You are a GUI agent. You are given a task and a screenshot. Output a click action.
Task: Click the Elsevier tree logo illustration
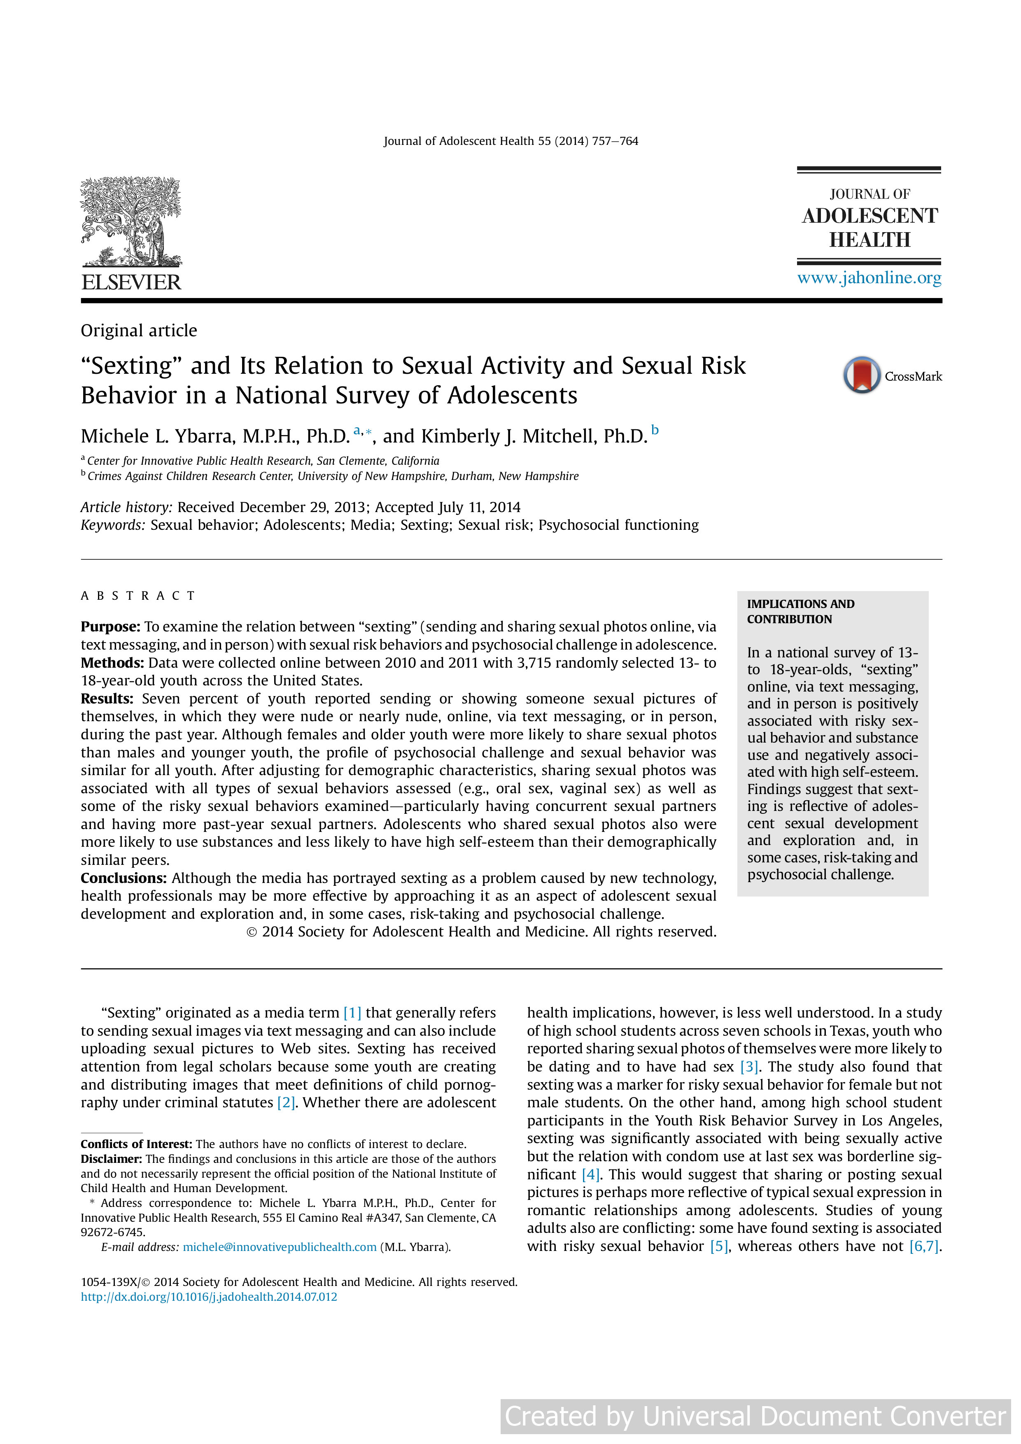[x=131, y=221]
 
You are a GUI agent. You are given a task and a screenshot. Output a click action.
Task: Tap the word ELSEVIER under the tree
[x=131, y=282]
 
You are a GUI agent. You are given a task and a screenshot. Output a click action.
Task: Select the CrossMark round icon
[x=861, y=375]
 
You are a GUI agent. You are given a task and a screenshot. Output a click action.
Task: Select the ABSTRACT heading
[x=138, y=596]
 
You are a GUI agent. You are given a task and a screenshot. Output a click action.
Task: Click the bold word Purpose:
[x=110, y=627]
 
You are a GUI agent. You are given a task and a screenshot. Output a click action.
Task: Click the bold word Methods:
[x=112, y=663]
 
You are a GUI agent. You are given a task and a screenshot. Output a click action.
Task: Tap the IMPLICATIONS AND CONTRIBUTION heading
[x=800, y=611]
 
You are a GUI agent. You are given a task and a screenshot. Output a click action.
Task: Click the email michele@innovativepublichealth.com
[x=279, y=1247]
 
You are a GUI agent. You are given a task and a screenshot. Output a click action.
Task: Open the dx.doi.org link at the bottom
[x=209, y=1297]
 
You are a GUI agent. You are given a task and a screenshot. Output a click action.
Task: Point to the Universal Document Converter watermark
[x=755, y=1416]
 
